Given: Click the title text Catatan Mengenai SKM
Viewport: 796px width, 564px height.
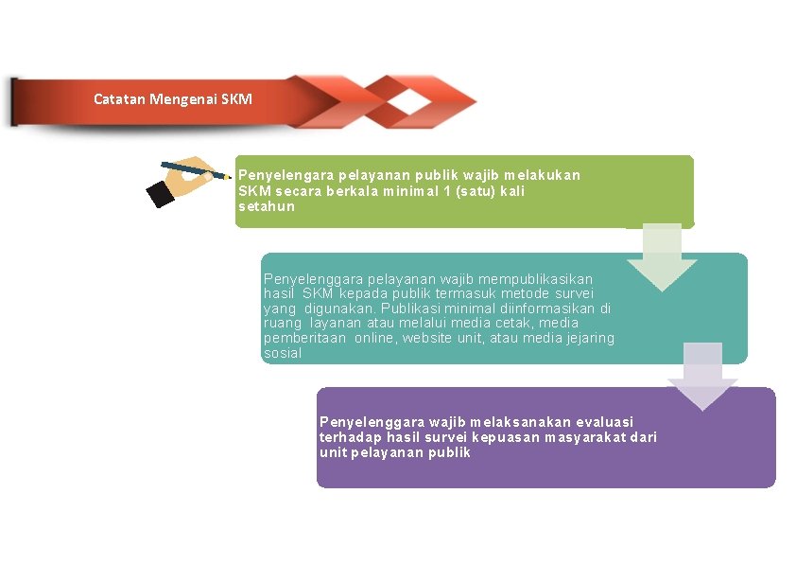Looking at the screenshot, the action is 173,98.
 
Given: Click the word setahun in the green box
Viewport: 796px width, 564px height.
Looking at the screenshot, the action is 266,205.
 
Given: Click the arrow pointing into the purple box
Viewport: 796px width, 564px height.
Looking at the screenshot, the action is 702,378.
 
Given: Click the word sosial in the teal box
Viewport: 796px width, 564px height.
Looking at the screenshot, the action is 283,353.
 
